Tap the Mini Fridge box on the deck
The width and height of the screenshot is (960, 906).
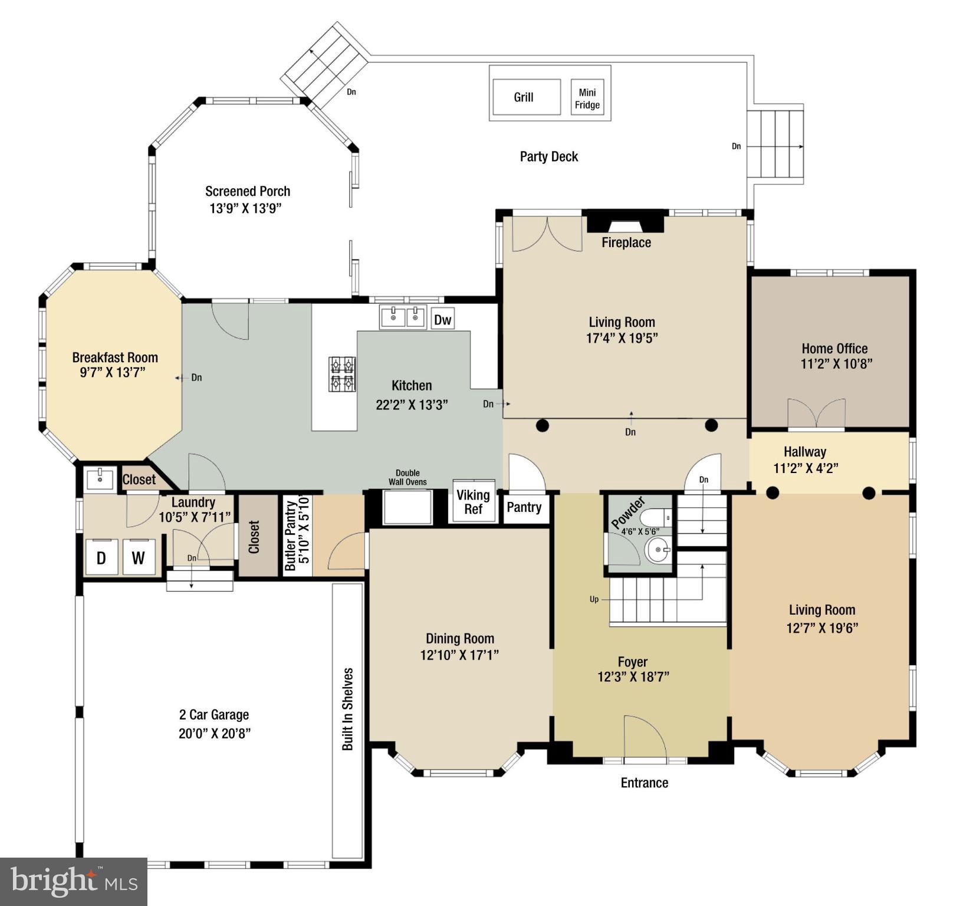coord(587,99)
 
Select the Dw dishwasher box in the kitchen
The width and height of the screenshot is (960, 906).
coord(443,320)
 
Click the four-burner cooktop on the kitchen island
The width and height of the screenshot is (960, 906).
coord(342,375)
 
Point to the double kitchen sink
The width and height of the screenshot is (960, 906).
coord(404,317)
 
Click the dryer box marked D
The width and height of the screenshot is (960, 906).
coord(101,557)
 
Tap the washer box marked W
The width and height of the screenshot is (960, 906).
coord(139,557)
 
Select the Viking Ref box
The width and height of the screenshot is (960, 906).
coord(474,502)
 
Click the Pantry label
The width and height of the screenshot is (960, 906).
coord(524,507)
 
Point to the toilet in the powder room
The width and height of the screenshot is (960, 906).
coord(654,518)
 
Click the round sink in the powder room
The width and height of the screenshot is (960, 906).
coord(657,551)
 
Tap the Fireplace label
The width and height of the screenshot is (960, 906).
coord(626,242)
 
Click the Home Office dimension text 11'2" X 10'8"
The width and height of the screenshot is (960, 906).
coord(836,364)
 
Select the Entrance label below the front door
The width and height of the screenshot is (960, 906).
coord(645,783)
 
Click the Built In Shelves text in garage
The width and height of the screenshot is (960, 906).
coord(348,709)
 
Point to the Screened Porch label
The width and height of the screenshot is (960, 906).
coord(248,191)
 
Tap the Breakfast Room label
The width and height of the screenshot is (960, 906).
coord(115,357)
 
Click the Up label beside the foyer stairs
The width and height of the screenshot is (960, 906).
coord(594,599)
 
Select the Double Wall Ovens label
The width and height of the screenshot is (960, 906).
coord(407,477)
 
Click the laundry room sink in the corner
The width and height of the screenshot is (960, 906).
coord(100,478)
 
